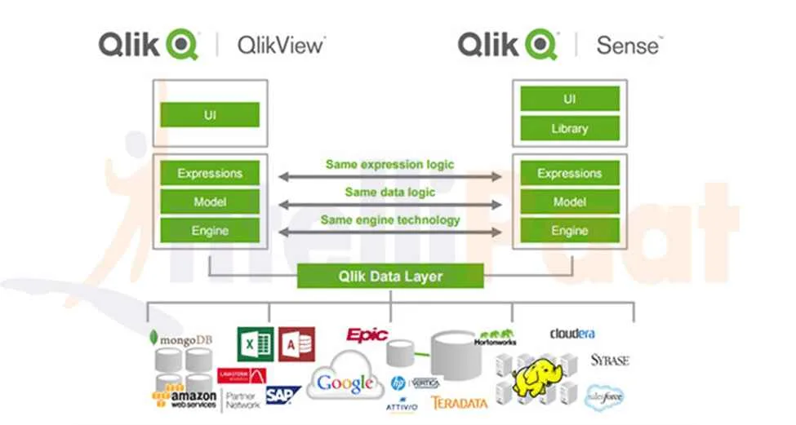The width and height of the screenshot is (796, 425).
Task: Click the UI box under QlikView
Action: tap(210, 115)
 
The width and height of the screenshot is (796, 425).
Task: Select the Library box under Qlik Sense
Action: tap(569, 128)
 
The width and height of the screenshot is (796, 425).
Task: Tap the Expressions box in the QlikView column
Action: tap(210, 173)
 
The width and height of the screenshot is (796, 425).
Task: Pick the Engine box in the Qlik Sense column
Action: tap(569, 231)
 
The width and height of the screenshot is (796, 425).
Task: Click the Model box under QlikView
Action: tap(210, 201)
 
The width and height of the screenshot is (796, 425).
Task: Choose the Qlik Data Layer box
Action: tap(389, 276)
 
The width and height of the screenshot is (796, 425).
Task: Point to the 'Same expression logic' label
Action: tap(389, 164)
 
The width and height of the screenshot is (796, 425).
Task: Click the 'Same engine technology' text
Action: tap(389, 219)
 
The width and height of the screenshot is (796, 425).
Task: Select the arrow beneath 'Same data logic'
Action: tap(389, 205)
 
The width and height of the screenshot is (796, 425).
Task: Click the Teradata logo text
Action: tap(459, 402)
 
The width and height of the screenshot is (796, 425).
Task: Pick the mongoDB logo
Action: tap(181, 338)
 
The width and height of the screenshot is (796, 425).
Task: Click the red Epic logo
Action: tap(367, 334)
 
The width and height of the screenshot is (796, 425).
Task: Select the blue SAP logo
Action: tap(282, 395)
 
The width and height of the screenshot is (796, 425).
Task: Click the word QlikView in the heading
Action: tap(280, 45)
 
